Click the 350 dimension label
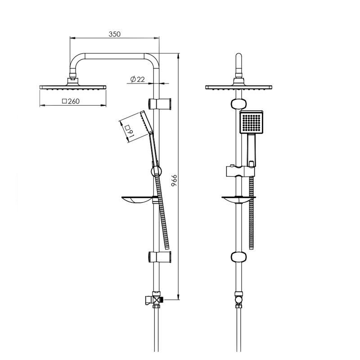click(114, 34)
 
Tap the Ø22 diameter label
click(138, 79)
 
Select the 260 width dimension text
click(74, 101)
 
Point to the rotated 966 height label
click(175, 180)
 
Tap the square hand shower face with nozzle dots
click(252, 122)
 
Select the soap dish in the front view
click(238, 200)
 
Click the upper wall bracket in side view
click(160, 104)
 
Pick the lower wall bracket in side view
click(160, 257)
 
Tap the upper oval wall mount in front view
click(239, 104)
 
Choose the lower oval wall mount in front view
click(239, 257)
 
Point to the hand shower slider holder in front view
click(240, 171)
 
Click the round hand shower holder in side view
click(156, 171)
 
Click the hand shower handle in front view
click(252, 150)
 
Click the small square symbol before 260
click(64, 101)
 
